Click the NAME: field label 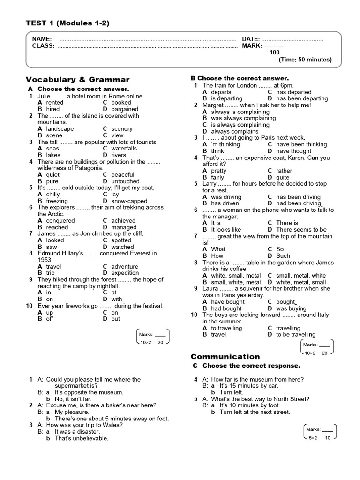click(x=42, y=39)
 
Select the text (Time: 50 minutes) click(x=305, y=60)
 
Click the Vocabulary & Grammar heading click(x=78, y=79)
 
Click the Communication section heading click(x=225, y=356)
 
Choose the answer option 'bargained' click(x=125, y=109)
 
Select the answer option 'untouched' click(x=125, y=181)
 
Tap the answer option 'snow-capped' click(x=129, y=201)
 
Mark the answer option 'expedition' click(x=125, y=273)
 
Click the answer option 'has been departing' click(x=302, y=98)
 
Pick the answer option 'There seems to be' click(x=301, y=230)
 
